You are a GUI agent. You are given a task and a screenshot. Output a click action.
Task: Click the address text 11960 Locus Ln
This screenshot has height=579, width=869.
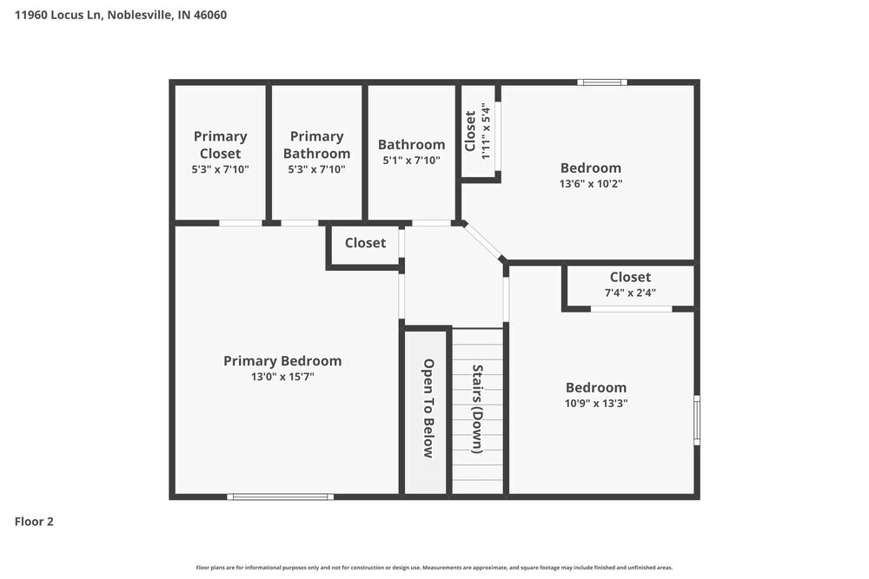click(57, 15)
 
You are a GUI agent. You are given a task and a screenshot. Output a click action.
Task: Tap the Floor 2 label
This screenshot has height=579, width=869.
click(34, 522)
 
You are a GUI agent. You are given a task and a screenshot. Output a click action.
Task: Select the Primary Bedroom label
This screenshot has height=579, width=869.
click(282, 361)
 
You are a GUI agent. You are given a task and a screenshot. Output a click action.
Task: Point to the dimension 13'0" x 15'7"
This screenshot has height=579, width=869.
click(282, 377)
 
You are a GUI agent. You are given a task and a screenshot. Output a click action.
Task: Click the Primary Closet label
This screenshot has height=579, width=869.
click(220, 145)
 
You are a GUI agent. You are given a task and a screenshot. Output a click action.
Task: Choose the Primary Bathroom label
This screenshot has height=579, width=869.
click(316, 145)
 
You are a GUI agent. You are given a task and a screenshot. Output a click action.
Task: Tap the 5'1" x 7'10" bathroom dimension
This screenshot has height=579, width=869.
click(411, 161)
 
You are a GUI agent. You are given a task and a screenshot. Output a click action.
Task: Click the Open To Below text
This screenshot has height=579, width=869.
click(428, 409)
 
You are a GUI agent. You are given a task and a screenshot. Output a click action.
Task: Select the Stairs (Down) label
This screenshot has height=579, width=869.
click(477, 409)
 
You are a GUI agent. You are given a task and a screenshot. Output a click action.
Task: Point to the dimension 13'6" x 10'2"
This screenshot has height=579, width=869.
click(591, 184)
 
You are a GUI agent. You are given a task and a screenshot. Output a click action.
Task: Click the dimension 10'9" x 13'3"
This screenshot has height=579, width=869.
click(596, 404)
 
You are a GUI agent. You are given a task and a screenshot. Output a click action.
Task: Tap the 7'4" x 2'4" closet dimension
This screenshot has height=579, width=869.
click(630, 293)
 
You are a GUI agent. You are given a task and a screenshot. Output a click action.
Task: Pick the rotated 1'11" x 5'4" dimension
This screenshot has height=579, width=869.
click(486, 131)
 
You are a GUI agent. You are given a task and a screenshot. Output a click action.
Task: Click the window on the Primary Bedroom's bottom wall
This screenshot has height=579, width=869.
click(281, 497)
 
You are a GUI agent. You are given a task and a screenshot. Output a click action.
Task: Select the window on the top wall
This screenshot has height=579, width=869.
click(602, 82)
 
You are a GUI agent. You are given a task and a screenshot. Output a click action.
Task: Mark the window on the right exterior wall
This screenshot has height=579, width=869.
click(697, 419)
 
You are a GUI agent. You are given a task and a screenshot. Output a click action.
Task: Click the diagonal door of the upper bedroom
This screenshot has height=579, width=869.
click(482, 240)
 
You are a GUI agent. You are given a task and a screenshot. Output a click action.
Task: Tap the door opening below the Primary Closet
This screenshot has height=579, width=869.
click(241, 223)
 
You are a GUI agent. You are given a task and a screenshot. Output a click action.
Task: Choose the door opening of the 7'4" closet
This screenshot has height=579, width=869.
click(631, 309)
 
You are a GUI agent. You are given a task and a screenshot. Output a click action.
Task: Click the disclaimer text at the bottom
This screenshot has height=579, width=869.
click(434, 568)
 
